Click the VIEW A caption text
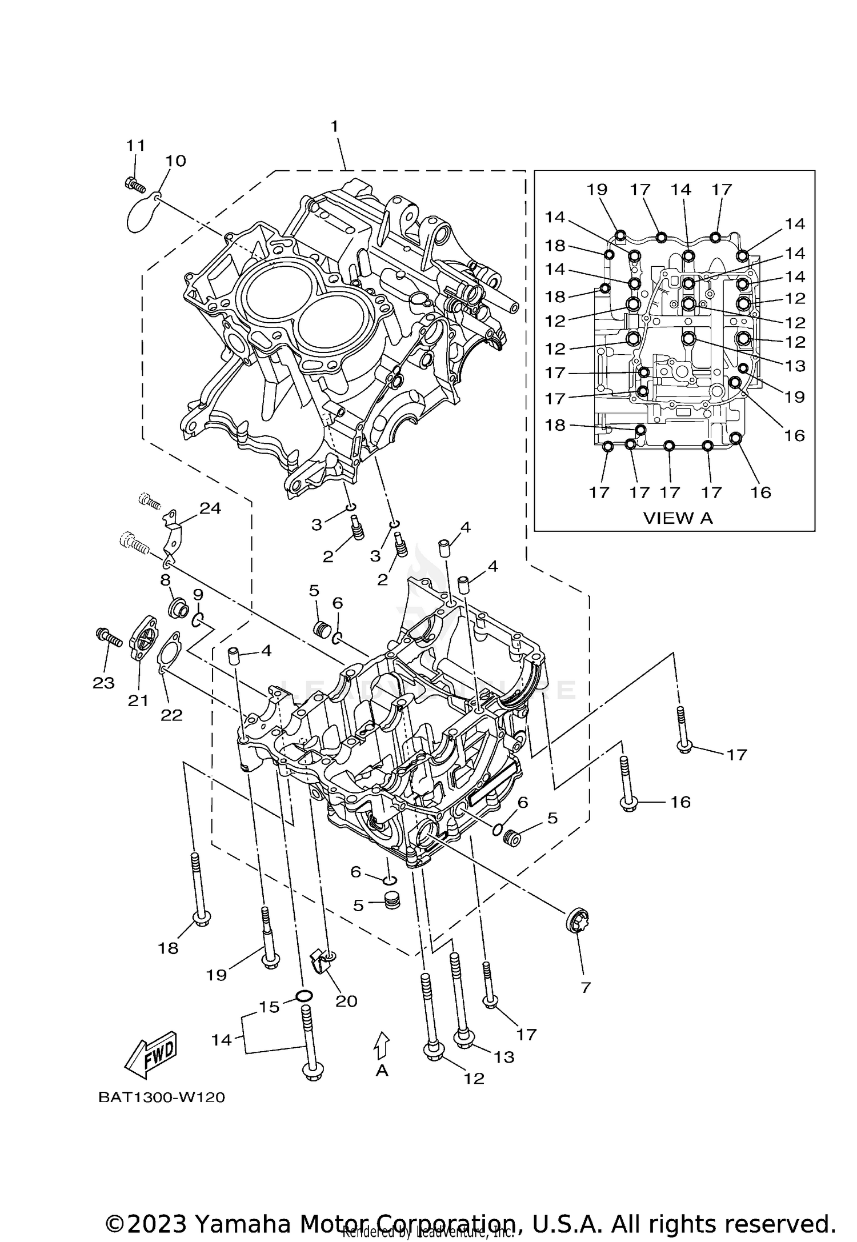coord(678,518)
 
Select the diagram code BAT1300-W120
coord(162,1097)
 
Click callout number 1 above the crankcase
coord(334,126)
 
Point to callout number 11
coord(136,145)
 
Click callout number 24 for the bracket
coord(210,508)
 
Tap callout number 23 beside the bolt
coord(104,683)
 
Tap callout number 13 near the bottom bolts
coord(504,1057)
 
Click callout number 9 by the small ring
coord(198,595)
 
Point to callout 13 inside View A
coord(795,366)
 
